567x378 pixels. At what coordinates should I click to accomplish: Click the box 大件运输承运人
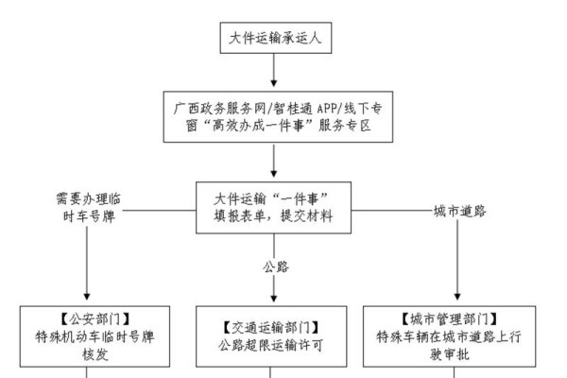coord(273,38)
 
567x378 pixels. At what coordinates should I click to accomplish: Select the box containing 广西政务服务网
coord(274,115)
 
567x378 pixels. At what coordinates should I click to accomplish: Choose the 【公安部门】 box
coord(87,335)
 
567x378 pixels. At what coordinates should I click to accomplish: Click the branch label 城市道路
coord(459,210)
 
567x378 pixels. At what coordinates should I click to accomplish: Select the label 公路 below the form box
coord(275,267)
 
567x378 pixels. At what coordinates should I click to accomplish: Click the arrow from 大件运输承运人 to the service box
coord(273,70)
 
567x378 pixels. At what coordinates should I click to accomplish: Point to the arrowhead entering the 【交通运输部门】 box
coord(273,297)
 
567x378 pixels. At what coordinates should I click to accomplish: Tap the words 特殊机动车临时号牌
coord(87,335)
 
